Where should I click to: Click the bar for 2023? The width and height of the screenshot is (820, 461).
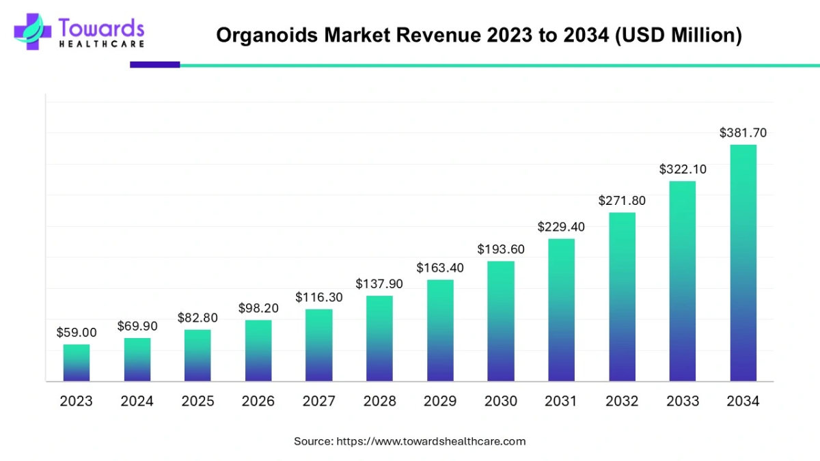(x=77, y=363)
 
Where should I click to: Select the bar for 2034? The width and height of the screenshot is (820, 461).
(x=743, y=263)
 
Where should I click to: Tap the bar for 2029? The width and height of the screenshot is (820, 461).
(x=440, y=331)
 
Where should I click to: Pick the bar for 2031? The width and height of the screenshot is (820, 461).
(x=561, y=310)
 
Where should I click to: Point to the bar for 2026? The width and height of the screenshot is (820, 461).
(x=258, y=350)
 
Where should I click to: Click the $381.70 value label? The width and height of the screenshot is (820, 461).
(x=743, y=133)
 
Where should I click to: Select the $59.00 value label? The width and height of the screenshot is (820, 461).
(x=77, y=333)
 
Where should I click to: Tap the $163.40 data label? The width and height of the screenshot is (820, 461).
(x=440, y=268)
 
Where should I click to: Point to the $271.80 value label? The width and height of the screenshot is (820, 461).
(x=622, y=201)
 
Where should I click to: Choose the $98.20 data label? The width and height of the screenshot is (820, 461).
(x=258, y=308)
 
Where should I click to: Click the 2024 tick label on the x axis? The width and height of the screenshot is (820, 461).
(x=137, y=402)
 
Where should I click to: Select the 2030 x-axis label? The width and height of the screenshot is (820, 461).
(x=501, y=402)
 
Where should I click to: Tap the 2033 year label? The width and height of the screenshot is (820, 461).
(x=682, y=402)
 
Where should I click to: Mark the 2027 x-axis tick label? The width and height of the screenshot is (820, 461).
(x=319, y=402)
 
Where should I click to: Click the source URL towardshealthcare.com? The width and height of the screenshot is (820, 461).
(x=431, y=441)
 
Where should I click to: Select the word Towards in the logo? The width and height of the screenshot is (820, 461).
(x=102, y=28)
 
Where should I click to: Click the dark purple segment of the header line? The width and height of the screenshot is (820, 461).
(x=155, y=65)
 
